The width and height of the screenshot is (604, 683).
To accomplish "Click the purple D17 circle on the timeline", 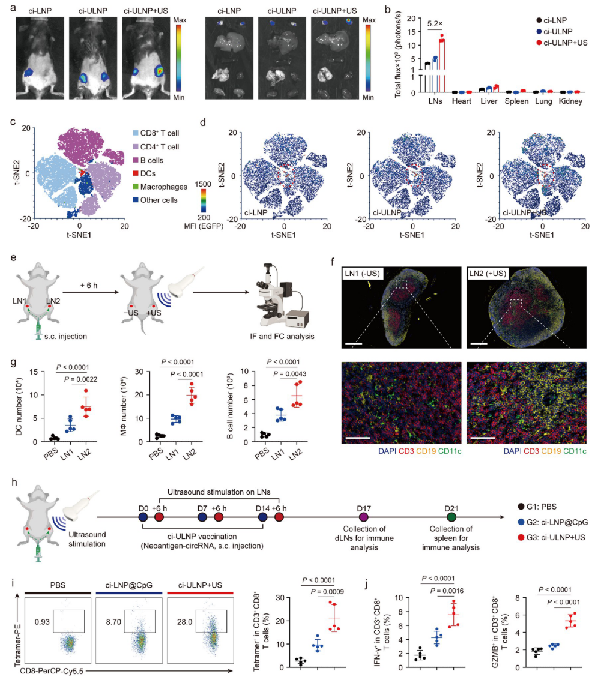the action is (362, 516).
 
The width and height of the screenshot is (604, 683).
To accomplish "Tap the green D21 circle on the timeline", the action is (451, 516).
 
